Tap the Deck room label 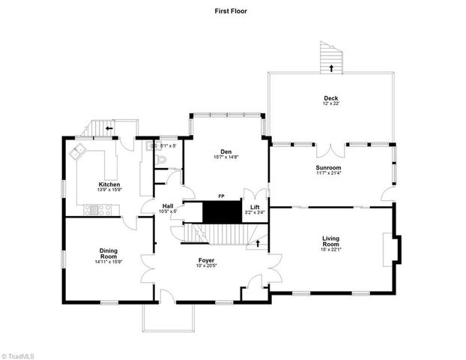[331, 98]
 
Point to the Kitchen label [109, 184]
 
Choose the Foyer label [206, 259]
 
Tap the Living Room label [330, 242]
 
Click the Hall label [168, 206]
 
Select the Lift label [255, 206]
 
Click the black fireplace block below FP [221, 211]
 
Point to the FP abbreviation [221, 196]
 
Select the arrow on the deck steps [330, 68]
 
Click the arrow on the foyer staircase [259, 242]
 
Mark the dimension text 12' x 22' [331, 103]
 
